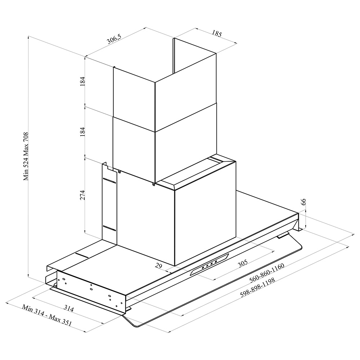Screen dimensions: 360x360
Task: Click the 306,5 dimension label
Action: point(114,39)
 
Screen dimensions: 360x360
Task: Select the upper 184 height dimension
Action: point(83,81)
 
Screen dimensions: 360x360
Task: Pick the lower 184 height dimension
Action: point(83,132)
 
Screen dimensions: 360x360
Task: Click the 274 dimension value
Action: point(83,195)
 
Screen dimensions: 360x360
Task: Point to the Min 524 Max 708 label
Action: point(26,156)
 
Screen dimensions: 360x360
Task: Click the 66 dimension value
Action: point(303,202)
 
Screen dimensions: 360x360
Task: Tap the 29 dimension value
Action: point(158,266)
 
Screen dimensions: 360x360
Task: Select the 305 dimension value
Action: point(242,264)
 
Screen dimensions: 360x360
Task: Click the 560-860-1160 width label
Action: point(267,273)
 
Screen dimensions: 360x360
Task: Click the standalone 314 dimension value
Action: point(69,309)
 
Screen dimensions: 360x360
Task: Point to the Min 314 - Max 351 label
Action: point(47,315)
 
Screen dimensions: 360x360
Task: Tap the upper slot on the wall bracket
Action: point(109,181)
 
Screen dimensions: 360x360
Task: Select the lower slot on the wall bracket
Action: point(109,228)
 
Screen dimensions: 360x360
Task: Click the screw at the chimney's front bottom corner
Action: point(154,184)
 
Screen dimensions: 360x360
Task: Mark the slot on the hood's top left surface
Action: point(82,256)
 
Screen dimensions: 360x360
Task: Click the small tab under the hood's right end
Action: point(283,235)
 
